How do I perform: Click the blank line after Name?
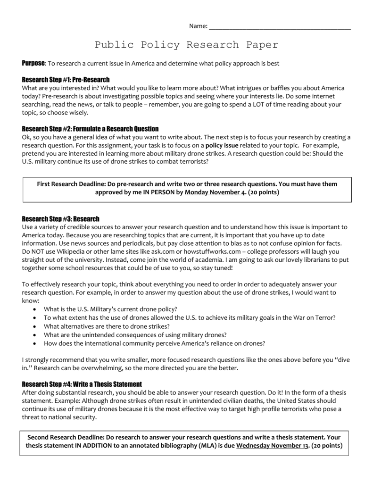280,27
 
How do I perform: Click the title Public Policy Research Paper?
186,45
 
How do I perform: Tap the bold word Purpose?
33,63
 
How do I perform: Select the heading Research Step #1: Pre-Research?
66,80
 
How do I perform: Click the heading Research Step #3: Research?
61,219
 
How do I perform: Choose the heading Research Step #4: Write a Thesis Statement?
82,384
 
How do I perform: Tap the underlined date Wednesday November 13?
272,445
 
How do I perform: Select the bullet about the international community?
154,343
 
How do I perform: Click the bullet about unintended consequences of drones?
135,334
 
